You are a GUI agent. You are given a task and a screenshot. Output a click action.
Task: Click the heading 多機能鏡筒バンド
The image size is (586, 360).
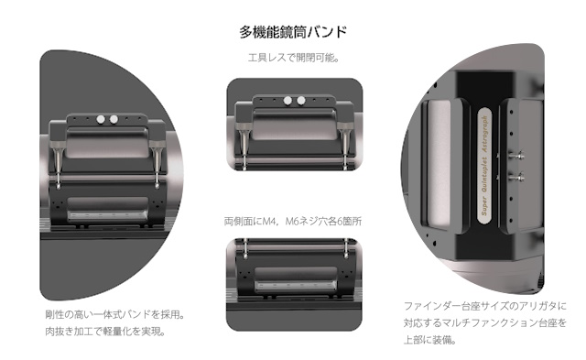293,33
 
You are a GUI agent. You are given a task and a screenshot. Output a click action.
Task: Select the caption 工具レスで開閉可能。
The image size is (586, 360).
293,59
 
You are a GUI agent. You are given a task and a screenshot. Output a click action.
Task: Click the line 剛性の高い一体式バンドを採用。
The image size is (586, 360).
114,313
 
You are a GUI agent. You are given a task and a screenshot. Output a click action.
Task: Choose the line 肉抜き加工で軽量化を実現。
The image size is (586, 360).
104,331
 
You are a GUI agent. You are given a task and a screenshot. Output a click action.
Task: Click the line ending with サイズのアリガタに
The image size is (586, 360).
485,305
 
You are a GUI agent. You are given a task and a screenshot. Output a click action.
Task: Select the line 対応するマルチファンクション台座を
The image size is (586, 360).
485,322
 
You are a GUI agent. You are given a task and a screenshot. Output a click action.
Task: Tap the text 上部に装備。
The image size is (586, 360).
429,340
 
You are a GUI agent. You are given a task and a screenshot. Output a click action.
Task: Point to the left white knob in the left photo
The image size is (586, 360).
101,119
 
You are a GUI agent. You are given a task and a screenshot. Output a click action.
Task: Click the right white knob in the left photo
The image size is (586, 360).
114,119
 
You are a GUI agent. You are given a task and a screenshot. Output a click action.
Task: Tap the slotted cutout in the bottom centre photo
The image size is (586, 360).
293,289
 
